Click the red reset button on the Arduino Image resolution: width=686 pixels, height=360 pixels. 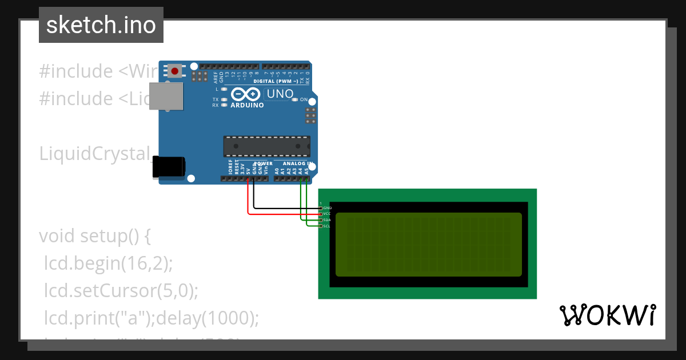tap(174, 71)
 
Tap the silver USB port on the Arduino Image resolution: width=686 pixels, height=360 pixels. tap(166, 95)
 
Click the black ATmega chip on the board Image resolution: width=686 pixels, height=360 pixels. tap(266, 146)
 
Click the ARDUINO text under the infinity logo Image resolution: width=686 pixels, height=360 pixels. tap(247, 105)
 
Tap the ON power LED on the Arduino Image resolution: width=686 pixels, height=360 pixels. tap(295, 99)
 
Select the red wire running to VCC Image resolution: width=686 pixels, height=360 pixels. tap(280, 214)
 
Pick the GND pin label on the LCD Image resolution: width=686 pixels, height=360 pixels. tap(327, 208)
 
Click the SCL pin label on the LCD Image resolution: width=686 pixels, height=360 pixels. tap(327, 226)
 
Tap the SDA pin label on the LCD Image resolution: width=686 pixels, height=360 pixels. tap(327, 220)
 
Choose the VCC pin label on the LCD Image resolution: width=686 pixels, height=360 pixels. tap(327, 214)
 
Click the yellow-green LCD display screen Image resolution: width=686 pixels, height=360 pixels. tap(429, 245)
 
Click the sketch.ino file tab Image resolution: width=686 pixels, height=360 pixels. tap(101, 25)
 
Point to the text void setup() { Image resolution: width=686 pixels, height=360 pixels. tap(95, 236)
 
